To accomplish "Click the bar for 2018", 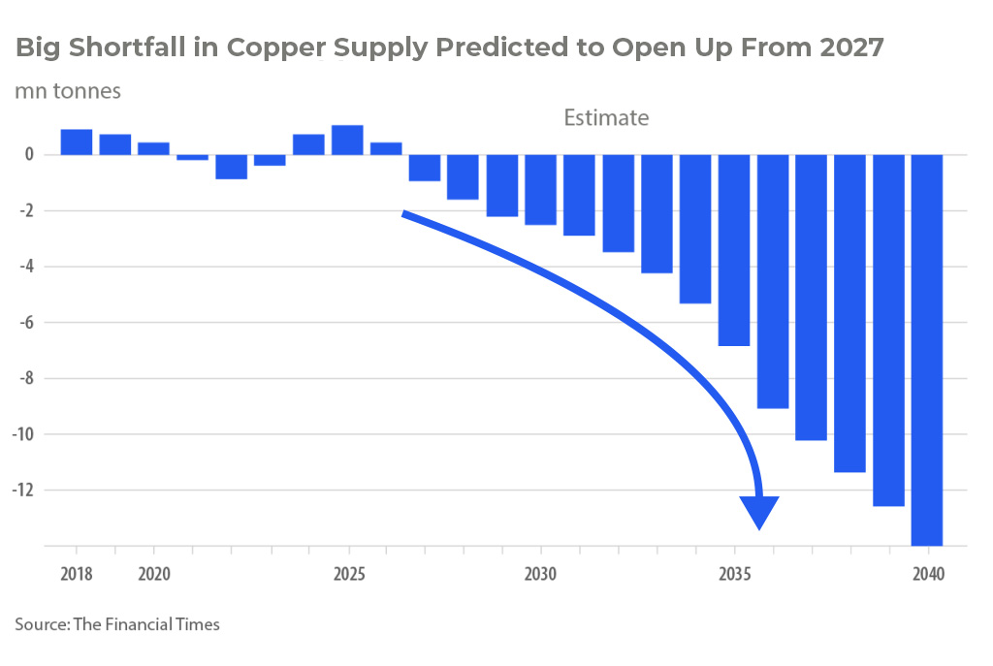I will pos(77,142).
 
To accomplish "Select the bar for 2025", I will pos(347,140).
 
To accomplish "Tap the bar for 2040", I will pos(928,349).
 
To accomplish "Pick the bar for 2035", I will pos(734,249).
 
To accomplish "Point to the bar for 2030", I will pos(540,189).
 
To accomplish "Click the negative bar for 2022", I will pos(231,167).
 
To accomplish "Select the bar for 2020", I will pos(153,148).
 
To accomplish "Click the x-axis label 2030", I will pos(540,573).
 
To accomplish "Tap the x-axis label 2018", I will pos(77,573).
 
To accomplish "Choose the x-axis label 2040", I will pos(928,573).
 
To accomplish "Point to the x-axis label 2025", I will pos(347,573).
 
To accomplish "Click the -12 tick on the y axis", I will pos(24,490).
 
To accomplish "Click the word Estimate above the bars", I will pos(606,118).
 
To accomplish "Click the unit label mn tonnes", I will pos(67,91).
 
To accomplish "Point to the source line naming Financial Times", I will pos(117,624).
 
